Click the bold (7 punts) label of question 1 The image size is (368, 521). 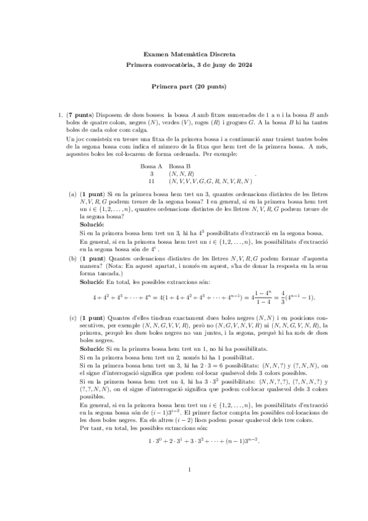[x=80, y=115]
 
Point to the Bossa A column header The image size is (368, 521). [x=151, y=166]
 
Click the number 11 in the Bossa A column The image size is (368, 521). [x=151, y=181]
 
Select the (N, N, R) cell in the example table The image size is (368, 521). [x=181, y=174]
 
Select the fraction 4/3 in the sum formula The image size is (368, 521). [x=267, y=298]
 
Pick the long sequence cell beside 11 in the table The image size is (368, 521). [x=210, y=181]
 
